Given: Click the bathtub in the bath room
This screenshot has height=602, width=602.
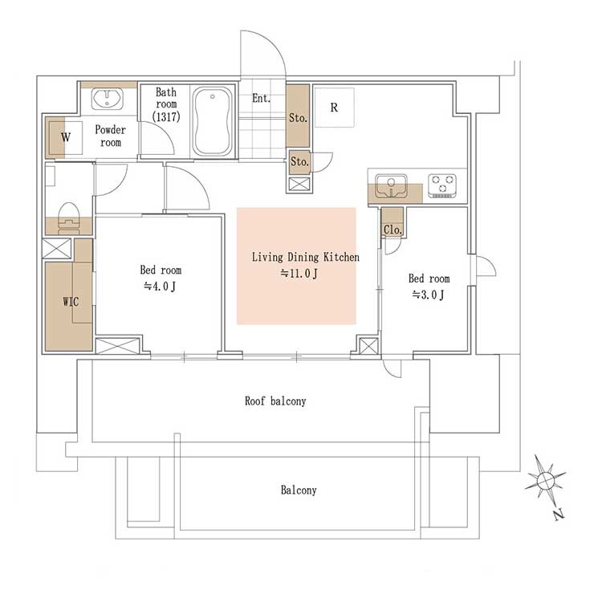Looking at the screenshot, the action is [213, 121].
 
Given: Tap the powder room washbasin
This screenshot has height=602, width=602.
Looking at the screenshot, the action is [107, 99].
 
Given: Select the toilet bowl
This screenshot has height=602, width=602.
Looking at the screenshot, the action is [69, 218].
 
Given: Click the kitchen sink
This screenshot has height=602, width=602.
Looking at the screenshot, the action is [391, 186].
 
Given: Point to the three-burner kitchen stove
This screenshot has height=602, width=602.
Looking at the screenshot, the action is [442, 185].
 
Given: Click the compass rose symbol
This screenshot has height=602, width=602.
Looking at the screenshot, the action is [545, 479].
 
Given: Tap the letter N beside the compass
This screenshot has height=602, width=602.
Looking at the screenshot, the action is [559, 515].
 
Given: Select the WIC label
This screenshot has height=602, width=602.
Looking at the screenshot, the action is [71, 302].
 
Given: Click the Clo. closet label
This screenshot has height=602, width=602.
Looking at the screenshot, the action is [393, 230].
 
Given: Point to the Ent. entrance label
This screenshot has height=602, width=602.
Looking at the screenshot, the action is [261, 98].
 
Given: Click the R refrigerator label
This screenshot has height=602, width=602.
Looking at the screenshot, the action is [334, 108].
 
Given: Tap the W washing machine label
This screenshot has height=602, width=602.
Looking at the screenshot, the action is [66, 137].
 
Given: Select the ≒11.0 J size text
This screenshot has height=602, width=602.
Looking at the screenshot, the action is [299, 274].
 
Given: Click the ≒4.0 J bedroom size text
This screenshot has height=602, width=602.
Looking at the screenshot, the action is [160, 286].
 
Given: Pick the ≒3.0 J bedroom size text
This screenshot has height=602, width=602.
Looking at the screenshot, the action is [428, 295].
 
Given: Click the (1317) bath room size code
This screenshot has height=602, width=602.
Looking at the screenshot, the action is [166, 116].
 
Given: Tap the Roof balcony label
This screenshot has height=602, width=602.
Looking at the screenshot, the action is [275, 401].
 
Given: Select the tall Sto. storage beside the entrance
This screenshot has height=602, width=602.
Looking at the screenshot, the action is [298, 116].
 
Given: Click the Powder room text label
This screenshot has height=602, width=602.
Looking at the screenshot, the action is [110, 136].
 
